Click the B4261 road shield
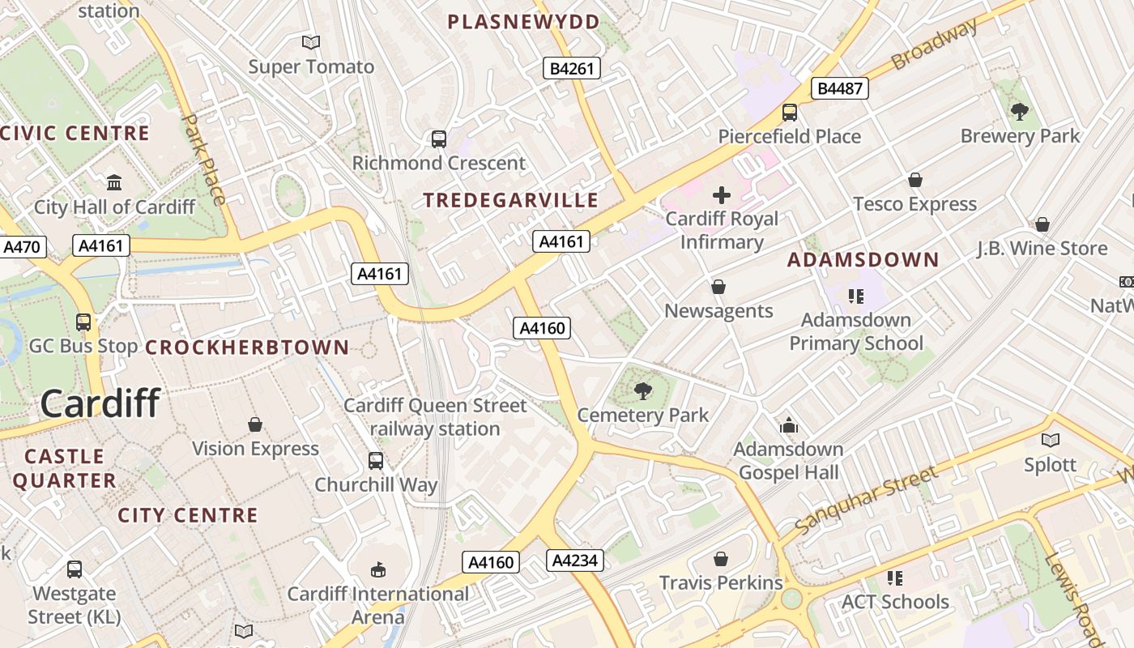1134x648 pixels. pos(572,69)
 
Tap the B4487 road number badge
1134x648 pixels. pos(840,88)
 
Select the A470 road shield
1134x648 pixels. pos(22,247)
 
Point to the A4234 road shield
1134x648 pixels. pos(575,560)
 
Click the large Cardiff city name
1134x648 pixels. pos(100,403)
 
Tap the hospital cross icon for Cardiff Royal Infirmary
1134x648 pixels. pos(721,195)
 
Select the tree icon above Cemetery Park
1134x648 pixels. pos(643,391)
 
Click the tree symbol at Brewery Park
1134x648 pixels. pos(1020,112)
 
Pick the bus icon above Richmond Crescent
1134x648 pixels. pos(438,139)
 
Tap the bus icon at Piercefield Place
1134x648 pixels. pos(789,113)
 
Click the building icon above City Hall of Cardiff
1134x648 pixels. pos(114,182)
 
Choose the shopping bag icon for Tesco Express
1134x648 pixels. pos(915,180)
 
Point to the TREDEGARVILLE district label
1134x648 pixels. pos(511,200)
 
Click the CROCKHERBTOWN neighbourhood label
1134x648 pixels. pos(247,347)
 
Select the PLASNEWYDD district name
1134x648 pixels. pos(524,22)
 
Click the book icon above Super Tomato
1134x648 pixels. pos(311,42)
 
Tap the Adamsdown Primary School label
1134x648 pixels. pos(856,331)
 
